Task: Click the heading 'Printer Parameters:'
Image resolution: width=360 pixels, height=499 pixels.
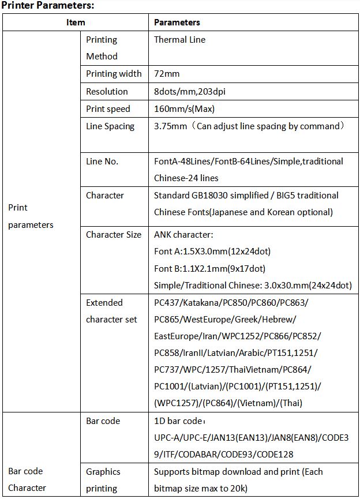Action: (x=48, y=6)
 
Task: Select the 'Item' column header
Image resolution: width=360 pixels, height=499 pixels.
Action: (x=76, y=22)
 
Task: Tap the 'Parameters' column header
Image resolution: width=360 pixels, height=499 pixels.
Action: (x=177, y=22)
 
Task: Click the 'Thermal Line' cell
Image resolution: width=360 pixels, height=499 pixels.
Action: (x=179, y=40)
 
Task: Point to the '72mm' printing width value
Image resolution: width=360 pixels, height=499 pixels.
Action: (x=166, y=74)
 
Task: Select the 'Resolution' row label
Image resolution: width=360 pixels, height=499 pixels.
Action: (x=107, y=92)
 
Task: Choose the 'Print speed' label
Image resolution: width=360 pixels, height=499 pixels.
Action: (x=108, y=109)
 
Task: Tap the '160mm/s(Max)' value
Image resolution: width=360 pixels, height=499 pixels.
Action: (x=184, y=109)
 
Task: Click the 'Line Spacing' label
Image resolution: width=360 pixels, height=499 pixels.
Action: (x=110, y=126)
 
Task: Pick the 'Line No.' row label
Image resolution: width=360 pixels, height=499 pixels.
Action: (x=102, y=162)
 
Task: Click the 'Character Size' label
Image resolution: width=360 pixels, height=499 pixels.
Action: (x=114, y=235)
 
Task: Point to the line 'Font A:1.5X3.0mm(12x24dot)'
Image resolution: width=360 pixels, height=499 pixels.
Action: (x=212, y=252)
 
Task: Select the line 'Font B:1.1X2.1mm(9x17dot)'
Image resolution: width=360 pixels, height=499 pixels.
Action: (x=209, y=268)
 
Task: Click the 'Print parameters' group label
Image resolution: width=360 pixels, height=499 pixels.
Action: (x=31, y=216)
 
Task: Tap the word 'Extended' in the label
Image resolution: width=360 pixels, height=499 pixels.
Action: (x=104, y=302)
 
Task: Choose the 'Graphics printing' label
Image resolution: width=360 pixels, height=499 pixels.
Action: (x=103, y=480)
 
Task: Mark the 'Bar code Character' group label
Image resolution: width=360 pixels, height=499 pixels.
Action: (x=27, y=479)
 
